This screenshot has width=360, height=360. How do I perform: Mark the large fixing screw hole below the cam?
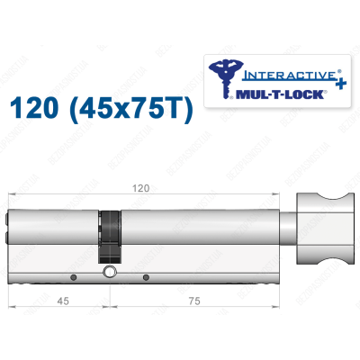(110, 272)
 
